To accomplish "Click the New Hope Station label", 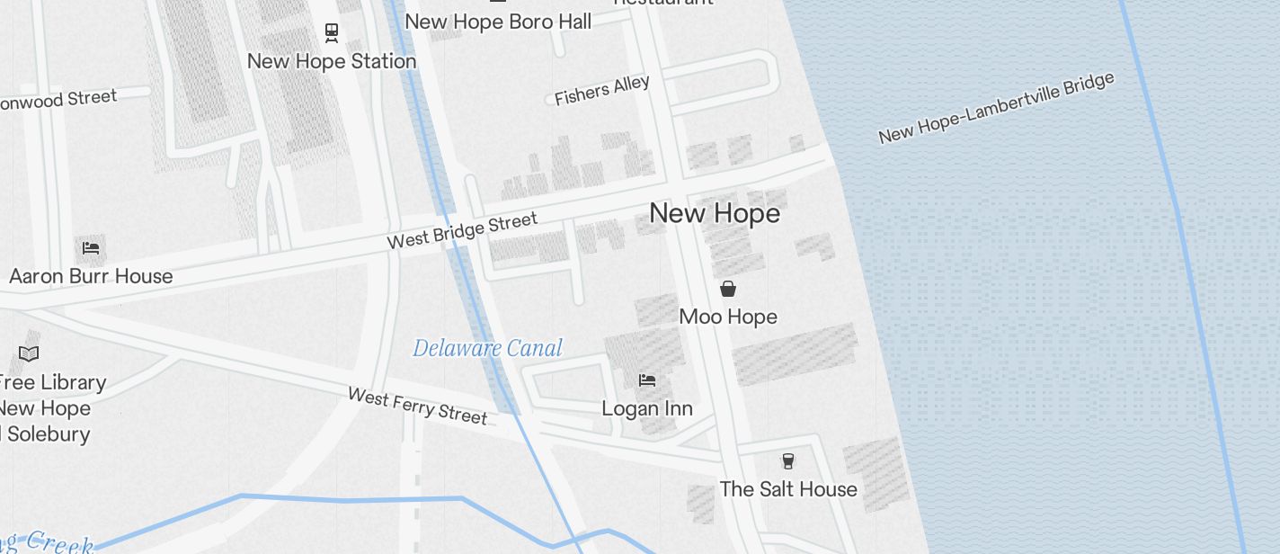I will point(332,61).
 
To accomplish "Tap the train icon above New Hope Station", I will point(332,33).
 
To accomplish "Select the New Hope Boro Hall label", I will point(498,21).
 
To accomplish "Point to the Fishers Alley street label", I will point(601,91).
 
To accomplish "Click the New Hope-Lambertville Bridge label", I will point(996,108).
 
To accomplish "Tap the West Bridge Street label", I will point(462,230).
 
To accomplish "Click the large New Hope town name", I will point(715,213).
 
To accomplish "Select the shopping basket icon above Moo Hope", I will point(728,289).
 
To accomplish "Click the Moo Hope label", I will point(728,317).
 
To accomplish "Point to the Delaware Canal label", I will point(487,348).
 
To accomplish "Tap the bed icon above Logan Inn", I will point(646,380).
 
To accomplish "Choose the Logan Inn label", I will point(646,408).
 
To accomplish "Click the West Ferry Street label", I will point(417,406).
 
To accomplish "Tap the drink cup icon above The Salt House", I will point(788,461).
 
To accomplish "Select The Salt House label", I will point(788,489).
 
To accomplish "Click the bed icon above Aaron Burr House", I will point(90,247).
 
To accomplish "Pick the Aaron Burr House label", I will point(91,275).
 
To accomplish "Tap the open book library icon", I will point(29,353).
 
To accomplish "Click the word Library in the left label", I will point(73,382).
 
